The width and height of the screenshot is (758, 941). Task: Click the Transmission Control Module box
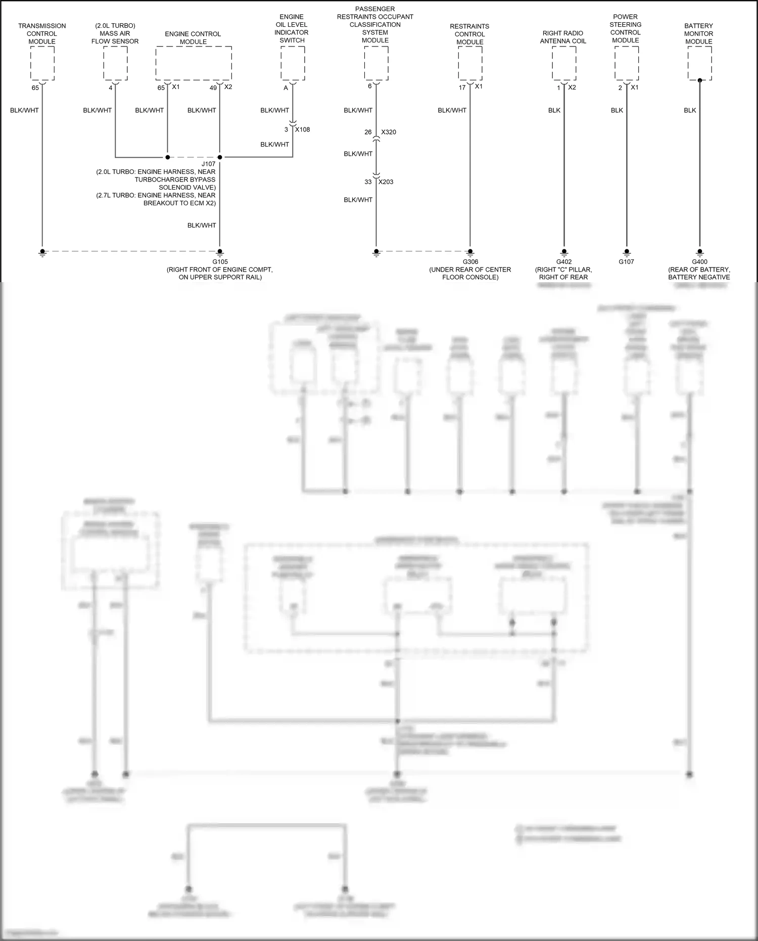tap(42, 63)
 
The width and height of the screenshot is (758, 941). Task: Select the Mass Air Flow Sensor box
tap(115, 63)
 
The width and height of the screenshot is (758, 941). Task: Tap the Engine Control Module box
tap(194, 63)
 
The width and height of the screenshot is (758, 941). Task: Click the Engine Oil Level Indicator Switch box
tap(293, 63)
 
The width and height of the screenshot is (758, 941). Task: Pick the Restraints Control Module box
tap(470, 63)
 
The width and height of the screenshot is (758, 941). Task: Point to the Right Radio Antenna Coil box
tap(564, 63)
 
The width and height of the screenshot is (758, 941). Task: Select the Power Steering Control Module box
tap(627, 63)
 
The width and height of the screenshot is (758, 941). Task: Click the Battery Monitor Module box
tap(700, 63)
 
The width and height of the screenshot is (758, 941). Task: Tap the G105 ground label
tap(220, 262)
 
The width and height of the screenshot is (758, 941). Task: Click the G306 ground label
tap(470, 262)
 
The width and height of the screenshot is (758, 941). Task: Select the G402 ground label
tap(564, 262)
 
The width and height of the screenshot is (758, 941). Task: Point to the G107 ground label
tap(627, 262)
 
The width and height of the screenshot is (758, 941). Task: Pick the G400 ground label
tap(700, 262)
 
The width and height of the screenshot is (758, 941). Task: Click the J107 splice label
tap(209, 164)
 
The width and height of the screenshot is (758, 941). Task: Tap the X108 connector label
tap(303, 129)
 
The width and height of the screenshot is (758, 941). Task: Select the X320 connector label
tap(389, 132)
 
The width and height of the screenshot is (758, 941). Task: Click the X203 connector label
tap(386, 182)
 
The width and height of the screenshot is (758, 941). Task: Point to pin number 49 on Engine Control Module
tap(213, 87)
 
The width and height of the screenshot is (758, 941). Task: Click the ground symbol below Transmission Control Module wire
tap(42, 253)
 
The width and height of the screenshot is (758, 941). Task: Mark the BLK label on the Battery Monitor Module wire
tap(690, 110)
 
